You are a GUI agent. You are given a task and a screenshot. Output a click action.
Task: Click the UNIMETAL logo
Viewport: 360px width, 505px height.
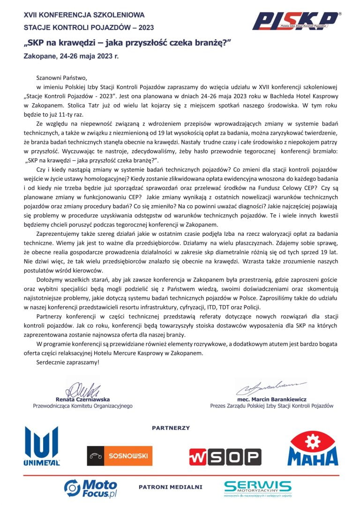(42, 446)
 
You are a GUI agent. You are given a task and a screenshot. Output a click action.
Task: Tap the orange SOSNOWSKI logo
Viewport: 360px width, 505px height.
(120, 455)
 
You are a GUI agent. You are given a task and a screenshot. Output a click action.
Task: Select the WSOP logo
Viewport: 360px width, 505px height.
(225, 457)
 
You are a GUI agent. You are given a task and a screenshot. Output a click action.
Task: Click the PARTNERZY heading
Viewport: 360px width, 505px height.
(171, 428)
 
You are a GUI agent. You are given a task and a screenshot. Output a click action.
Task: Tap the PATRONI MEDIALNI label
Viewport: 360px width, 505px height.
(170, 487)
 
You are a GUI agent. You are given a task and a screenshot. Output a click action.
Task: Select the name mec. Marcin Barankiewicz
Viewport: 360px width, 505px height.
(271, 399)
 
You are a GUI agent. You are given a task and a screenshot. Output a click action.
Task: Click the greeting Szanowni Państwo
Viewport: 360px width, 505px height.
(61, 78)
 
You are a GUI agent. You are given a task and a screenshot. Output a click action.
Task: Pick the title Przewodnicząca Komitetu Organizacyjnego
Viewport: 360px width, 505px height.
(82, 406)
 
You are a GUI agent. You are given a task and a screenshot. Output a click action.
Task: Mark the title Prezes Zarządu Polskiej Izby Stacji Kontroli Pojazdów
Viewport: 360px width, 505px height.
(271, 406)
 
